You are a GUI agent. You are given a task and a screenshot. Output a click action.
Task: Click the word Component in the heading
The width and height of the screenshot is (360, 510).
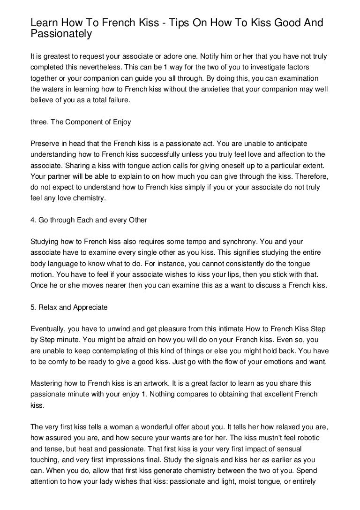pyautogui.click(x=82, y=122)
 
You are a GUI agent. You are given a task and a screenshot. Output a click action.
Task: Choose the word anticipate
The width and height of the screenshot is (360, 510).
pyautogui.click(x=291, y=143)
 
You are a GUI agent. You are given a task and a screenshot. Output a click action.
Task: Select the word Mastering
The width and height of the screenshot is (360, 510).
pyautogui.click(x=46, y=383)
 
